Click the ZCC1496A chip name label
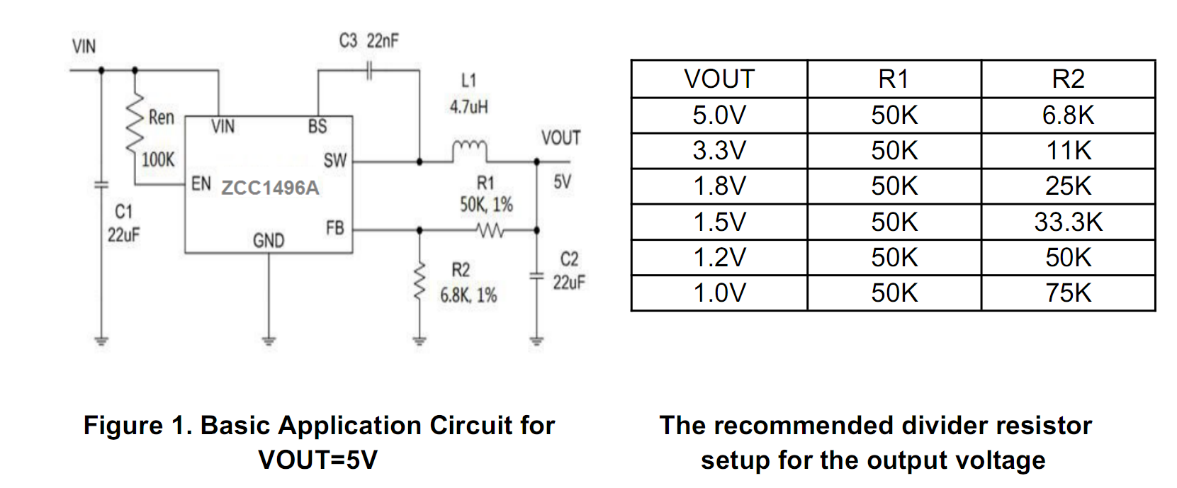[x=270, y=188]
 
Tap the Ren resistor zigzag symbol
[x=135, y=124]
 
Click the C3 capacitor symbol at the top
[x=369, y=70]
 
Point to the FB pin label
[x=334, y=228]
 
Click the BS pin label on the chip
[x=317, y=127]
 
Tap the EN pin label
[x=201, y=184]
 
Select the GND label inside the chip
[x=269, y=241]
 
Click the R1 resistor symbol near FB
[x=490, y=230]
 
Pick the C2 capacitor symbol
[x=536, y=276]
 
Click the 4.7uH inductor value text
[x=468, y=107]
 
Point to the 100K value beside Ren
[x=157, y=159]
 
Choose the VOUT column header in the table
[x=719, y=79]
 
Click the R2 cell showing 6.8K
[x=1068, y=115]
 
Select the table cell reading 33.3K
[x=1068, y=222]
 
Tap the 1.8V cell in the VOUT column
[x=719, y=186]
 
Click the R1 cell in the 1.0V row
[x=894, y=293]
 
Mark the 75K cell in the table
[x=1068, y=293]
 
